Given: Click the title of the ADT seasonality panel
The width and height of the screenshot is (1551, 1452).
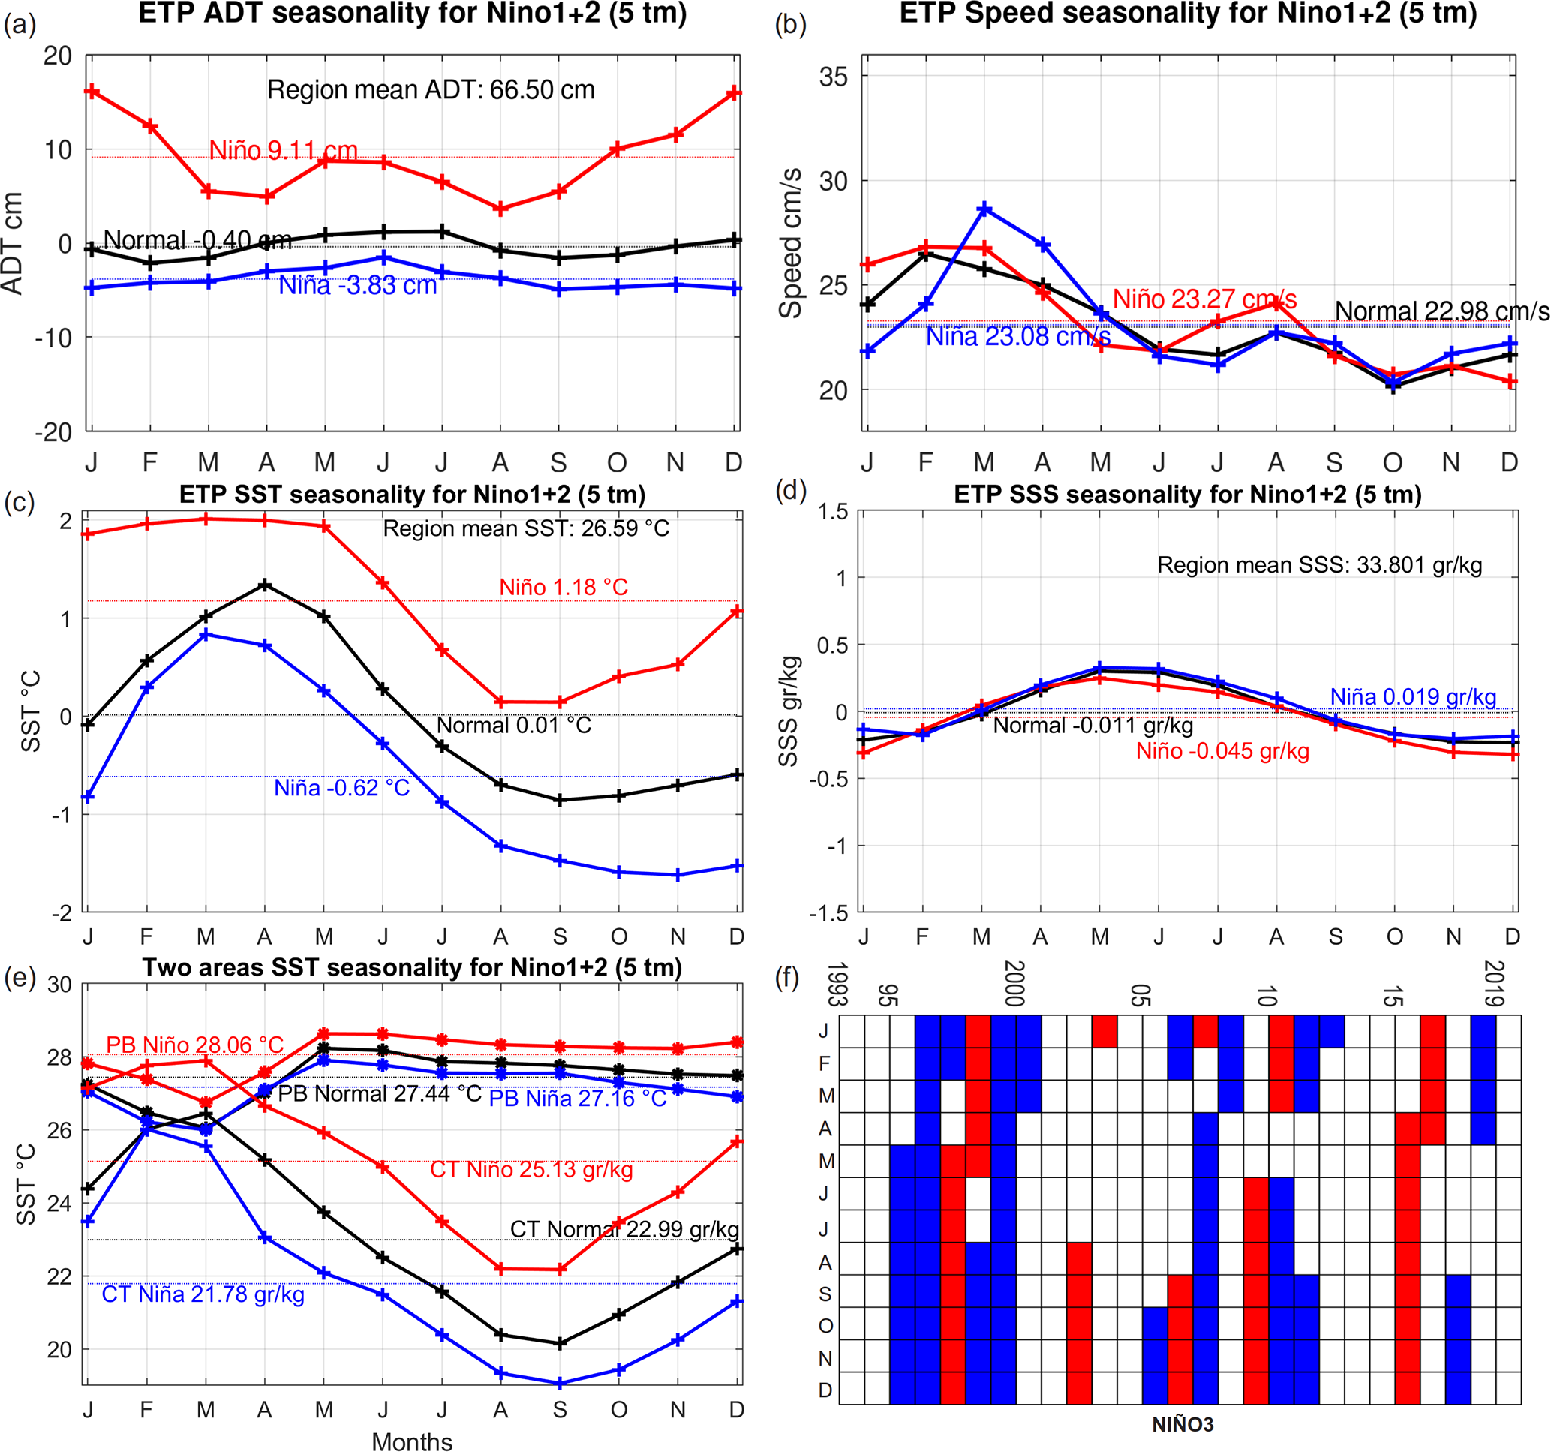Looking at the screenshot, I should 412,14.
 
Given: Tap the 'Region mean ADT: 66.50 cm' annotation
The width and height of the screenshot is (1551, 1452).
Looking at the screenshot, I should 431,90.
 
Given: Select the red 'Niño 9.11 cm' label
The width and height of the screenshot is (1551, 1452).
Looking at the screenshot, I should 283,150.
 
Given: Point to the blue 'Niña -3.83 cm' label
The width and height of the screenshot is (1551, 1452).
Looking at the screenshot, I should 357,286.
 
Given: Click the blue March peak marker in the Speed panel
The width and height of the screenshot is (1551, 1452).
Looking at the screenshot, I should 984,209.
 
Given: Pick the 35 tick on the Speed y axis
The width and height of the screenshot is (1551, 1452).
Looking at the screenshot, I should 833,77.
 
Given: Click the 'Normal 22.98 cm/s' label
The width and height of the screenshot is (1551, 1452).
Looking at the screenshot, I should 1441,311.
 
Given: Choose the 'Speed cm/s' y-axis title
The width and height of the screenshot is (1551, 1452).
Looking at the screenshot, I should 791,242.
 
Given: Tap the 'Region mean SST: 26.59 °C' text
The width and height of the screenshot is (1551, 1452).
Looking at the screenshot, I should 526,529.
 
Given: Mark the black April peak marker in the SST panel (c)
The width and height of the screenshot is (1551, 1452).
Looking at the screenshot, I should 266,585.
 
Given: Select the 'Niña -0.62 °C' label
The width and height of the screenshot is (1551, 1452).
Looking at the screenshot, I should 341,788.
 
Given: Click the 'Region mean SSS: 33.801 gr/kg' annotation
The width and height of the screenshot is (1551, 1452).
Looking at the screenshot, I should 1319,565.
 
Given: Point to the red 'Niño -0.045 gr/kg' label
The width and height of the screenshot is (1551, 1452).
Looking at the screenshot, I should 1222,751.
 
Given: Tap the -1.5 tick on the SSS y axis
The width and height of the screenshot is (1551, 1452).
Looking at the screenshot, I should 830,913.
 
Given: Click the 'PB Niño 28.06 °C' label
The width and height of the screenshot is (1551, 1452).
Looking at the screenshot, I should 194,1045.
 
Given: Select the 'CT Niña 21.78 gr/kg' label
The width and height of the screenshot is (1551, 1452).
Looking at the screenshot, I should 203,1294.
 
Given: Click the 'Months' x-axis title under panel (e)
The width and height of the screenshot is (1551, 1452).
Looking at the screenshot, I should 412,1441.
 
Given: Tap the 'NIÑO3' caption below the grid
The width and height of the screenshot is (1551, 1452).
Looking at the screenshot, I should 1183,1425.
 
